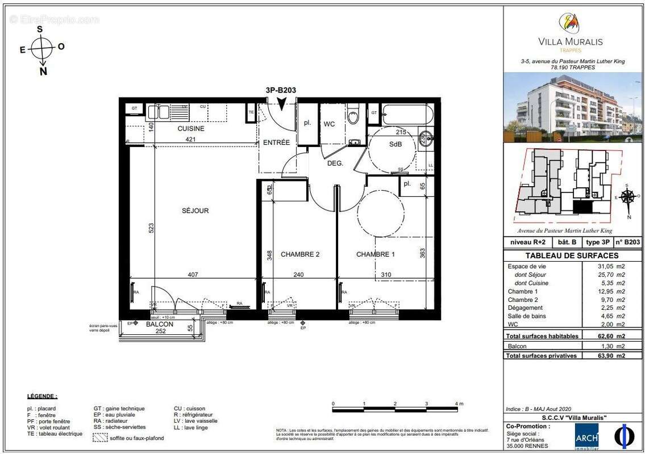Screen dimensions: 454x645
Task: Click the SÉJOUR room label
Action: tap(195, 211)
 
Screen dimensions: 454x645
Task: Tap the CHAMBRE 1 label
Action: tap(375, 254)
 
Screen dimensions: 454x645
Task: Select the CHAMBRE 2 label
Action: tap(300, 254)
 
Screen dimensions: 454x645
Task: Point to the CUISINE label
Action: tap(190, 128)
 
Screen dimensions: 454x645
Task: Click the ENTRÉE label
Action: tap(276, 142)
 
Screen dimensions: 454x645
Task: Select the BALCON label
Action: tap(159, 325)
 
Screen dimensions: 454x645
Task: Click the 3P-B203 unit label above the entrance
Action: tap(280, 89)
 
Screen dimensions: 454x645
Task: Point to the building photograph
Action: tap(574, 107)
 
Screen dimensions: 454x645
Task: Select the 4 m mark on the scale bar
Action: tap(456, 404)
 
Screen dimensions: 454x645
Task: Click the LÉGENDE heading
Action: tap(42, 396)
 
